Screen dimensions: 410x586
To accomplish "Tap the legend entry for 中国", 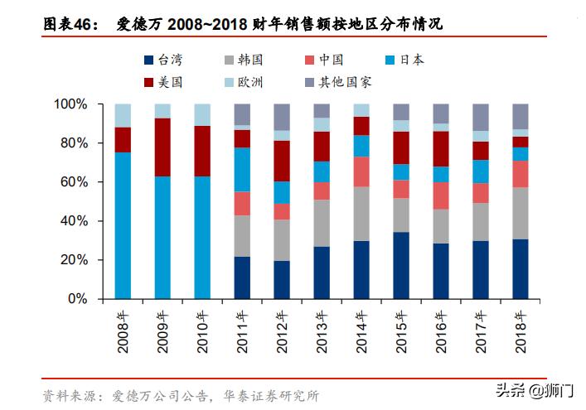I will point(324,60).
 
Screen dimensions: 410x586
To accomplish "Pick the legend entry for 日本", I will point(405,60).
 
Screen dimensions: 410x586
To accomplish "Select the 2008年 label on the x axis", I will point(123,330).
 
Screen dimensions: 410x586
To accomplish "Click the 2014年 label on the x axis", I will point(361,330).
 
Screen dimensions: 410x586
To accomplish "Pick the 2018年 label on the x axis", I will point(521,330).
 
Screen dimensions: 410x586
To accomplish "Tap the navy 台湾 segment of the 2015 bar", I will point(401,265).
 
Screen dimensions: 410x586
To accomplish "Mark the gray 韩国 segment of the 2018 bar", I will point(521,213).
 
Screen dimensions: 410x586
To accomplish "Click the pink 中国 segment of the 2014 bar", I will point(361,171).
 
